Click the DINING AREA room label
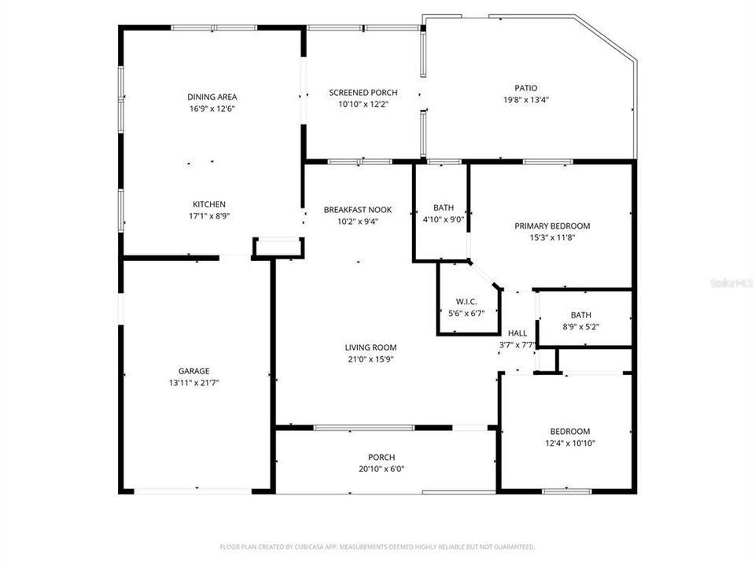click(x=212, y=97)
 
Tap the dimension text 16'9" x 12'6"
click(x=212, y=108)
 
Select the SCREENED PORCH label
click(x=363, y=93)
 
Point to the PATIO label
click(x=526, y=88)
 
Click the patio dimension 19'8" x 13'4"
click(x=526, y=100)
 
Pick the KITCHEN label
click(x=209, y=204)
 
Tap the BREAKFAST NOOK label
click(x=357, y=210)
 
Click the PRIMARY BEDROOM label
click(x=551, y=226)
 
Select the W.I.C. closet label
click(x=466, y=302)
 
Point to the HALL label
click(x=517, y=333)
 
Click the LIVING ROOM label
click(x=370, y=347)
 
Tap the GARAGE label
click(x=193, y=371)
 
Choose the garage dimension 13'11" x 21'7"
click(x=193, y=383)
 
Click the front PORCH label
click(x=381, y=458)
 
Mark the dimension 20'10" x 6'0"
click(x=381, y=469)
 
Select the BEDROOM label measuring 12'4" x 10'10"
click(x=569, y=432)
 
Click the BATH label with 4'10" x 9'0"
click(x=444, y=208)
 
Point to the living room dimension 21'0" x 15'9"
click(x=370, y=359)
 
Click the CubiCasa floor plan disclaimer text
click(x=377, y=546)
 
